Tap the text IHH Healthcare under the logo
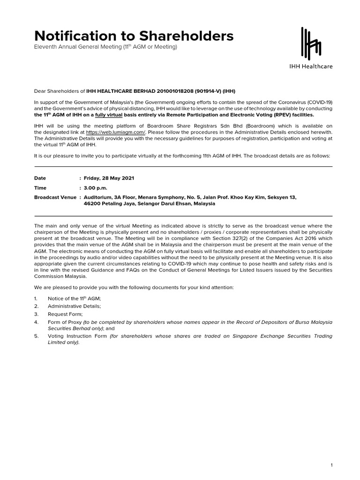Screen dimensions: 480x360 (310, 67)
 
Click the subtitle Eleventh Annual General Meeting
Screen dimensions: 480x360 (105, 48)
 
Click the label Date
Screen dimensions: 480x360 (40, 179)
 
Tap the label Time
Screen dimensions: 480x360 (41, 188)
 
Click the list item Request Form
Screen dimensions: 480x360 (65, 314)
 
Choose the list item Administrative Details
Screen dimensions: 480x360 (74, 306)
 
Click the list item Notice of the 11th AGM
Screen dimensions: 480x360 (74, 298)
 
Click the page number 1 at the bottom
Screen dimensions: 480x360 (331, 465)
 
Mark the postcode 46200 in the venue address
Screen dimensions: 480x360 (91, 204)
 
